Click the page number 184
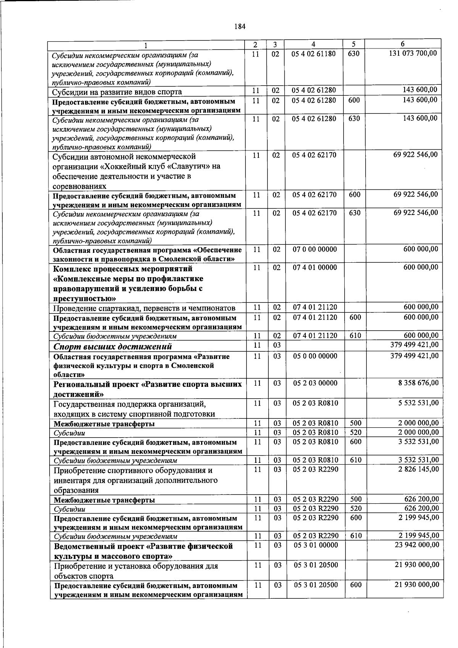pos(240,26)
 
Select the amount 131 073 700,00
pos(413,53)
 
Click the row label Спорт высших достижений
pos(113,346)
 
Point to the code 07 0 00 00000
pos(315,249)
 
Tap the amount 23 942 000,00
pos(417,545)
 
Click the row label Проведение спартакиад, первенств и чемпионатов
pos(144,308)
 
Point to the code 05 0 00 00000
pos(315,356)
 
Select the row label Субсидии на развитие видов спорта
pos(117,92)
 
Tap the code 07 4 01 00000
pos(315,268)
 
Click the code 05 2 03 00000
pos(315,383)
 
